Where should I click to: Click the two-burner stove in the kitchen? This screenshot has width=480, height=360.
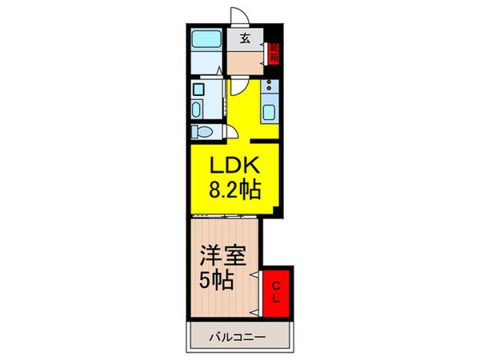tap(270, 86)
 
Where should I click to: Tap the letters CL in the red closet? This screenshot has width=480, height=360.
tap(274, 292)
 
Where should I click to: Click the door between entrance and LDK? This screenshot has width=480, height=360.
tap(238, 86)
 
